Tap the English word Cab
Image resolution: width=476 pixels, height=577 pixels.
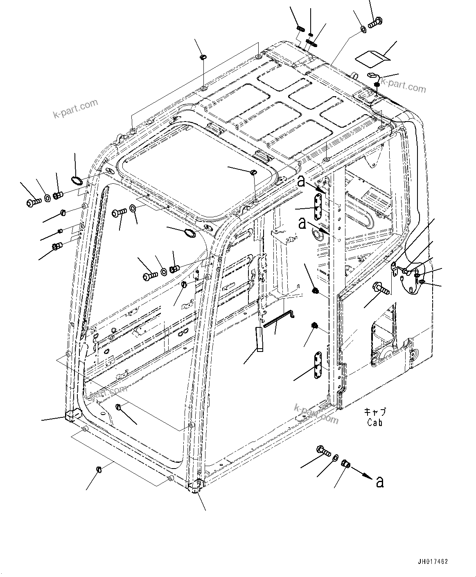pos(374,423)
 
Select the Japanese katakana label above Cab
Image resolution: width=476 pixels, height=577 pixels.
pos(374,412)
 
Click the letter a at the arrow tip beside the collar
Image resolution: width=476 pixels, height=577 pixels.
pos(380,482)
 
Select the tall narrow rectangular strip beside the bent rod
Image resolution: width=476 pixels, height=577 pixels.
pos(259,339)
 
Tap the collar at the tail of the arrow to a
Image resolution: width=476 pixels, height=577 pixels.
pos(345,464)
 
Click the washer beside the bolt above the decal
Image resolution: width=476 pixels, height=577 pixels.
pos(363,29)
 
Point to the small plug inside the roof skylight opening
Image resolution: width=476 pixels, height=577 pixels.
pos(253,173)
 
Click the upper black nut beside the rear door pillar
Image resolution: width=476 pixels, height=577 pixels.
pos(314,291)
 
